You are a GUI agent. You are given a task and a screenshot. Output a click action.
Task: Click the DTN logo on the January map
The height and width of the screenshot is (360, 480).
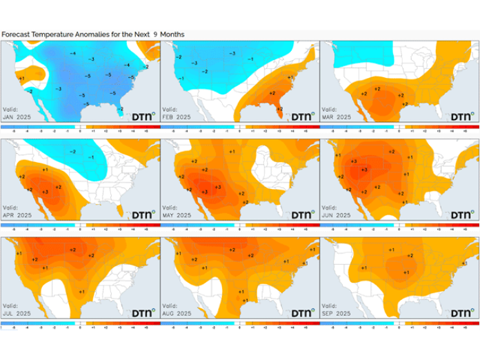143,116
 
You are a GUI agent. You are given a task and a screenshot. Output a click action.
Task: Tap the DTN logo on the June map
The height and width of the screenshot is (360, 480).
462,214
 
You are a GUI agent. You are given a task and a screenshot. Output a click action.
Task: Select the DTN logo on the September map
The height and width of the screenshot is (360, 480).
462,312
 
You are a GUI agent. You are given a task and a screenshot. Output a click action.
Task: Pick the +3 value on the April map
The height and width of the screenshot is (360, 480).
46,191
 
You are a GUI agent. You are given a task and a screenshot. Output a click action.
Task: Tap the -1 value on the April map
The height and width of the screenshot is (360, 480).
90,158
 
